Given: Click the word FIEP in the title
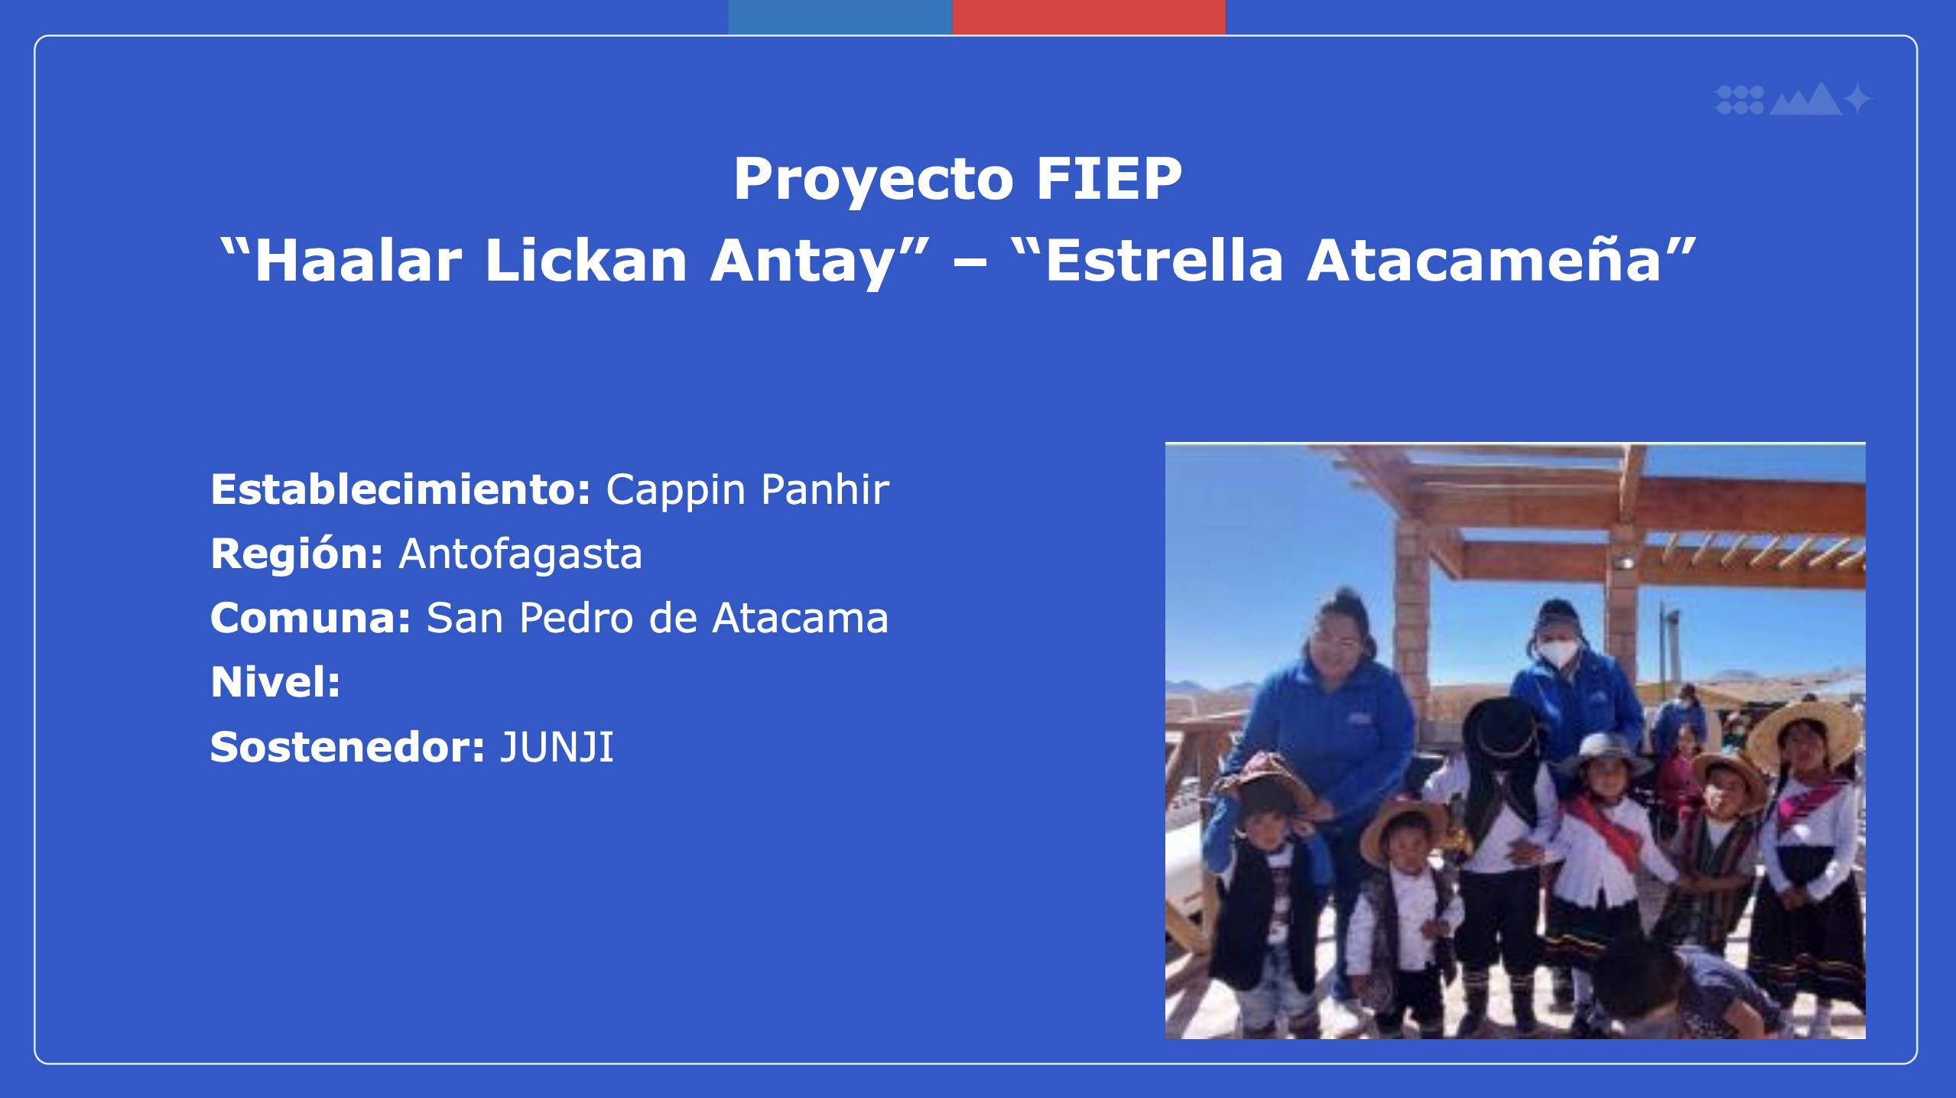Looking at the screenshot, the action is coord(1110,178).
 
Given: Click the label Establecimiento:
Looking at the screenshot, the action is coord(401,489).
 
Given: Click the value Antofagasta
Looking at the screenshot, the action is coord(521,554).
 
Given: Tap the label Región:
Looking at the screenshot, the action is coord(297,554).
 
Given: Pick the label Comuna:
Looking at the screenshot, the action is coord(311,618).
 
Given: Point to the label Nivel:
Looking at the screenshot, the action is coord(275,682).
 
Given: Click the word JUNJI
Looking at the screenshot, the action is coord(557,747).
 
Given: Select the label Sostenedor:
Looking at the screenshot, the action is coord(348,747).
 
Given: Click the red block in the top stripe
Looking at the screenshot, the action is coord(1089,17).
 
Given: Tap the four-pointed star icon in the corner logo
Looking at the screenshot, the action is coord(1858,99).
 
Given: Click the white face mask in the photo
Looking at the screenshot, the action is coord(1558,652).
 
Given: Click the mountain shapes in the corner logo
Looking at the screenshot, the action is coord(1806,99).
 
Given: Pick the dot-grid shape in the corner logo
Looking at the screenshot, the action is coord(1740,99).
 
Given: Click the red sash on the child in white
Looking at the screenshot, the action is coord(1607,830).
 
